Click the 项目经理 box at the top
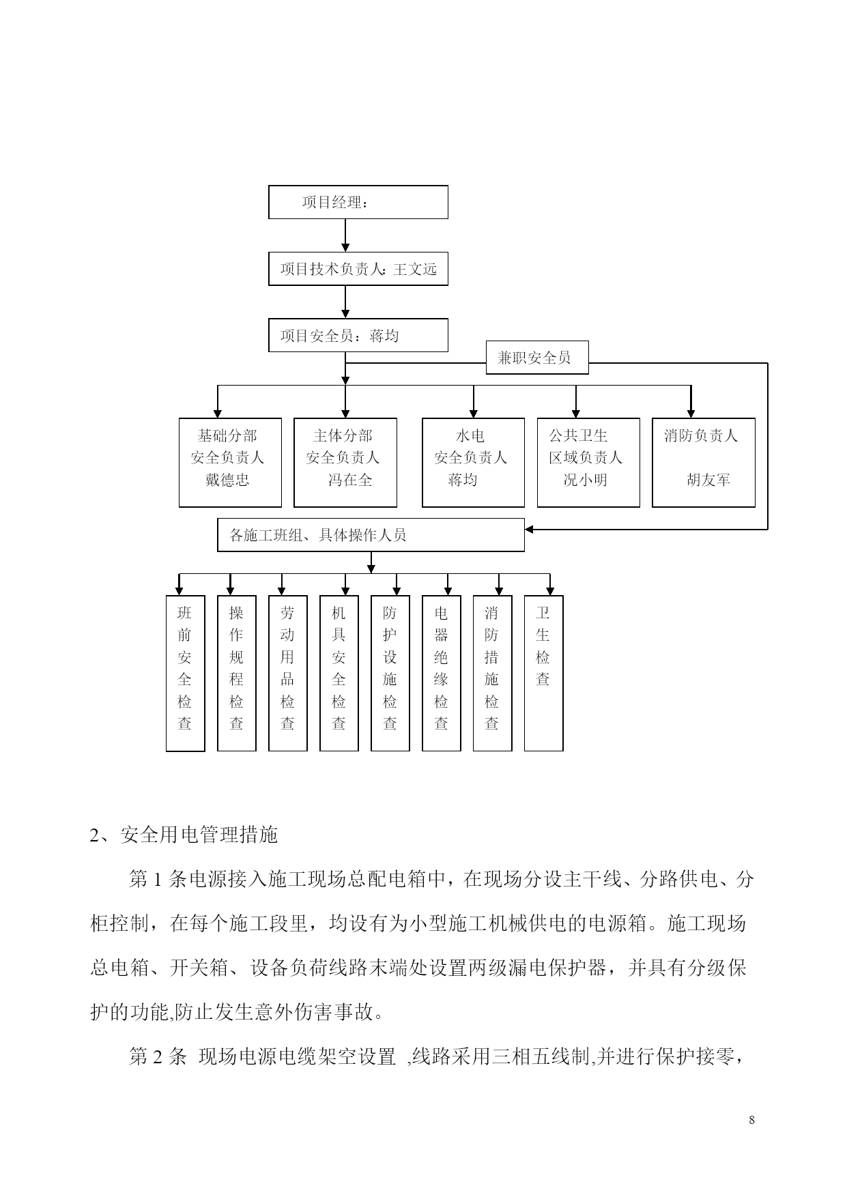pos(358,202)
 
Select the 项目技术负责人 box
pos(358,269)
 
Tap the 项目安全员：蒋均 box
pos(358,335)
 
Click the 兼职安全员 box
pos(537,358)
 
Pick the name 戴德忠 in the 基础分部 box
pos(227,480)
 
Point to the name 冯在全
pos(350,480)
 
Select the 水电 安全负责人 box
pos(473,463)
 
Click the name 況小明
pos(585,480)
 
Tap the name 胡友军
pos(708,480)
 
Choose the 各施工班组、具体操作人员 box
pos(371,535)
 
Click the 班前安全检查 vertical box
pos(185,674)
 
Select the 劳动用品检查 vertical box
pos(287,674)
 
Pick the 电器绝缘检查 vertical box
pos(441,674)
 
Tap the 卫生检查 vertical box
pos(543,674)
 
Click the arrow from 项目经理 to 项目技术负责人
pos(345,235)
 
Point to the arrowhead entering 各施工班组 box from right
pos(530,529)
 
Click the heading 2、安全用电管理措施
pos(184,835)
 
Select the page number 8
pos(751,1120)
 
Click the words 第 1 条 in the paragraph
pos(157,879)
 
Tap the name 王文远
pos(415,270)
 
